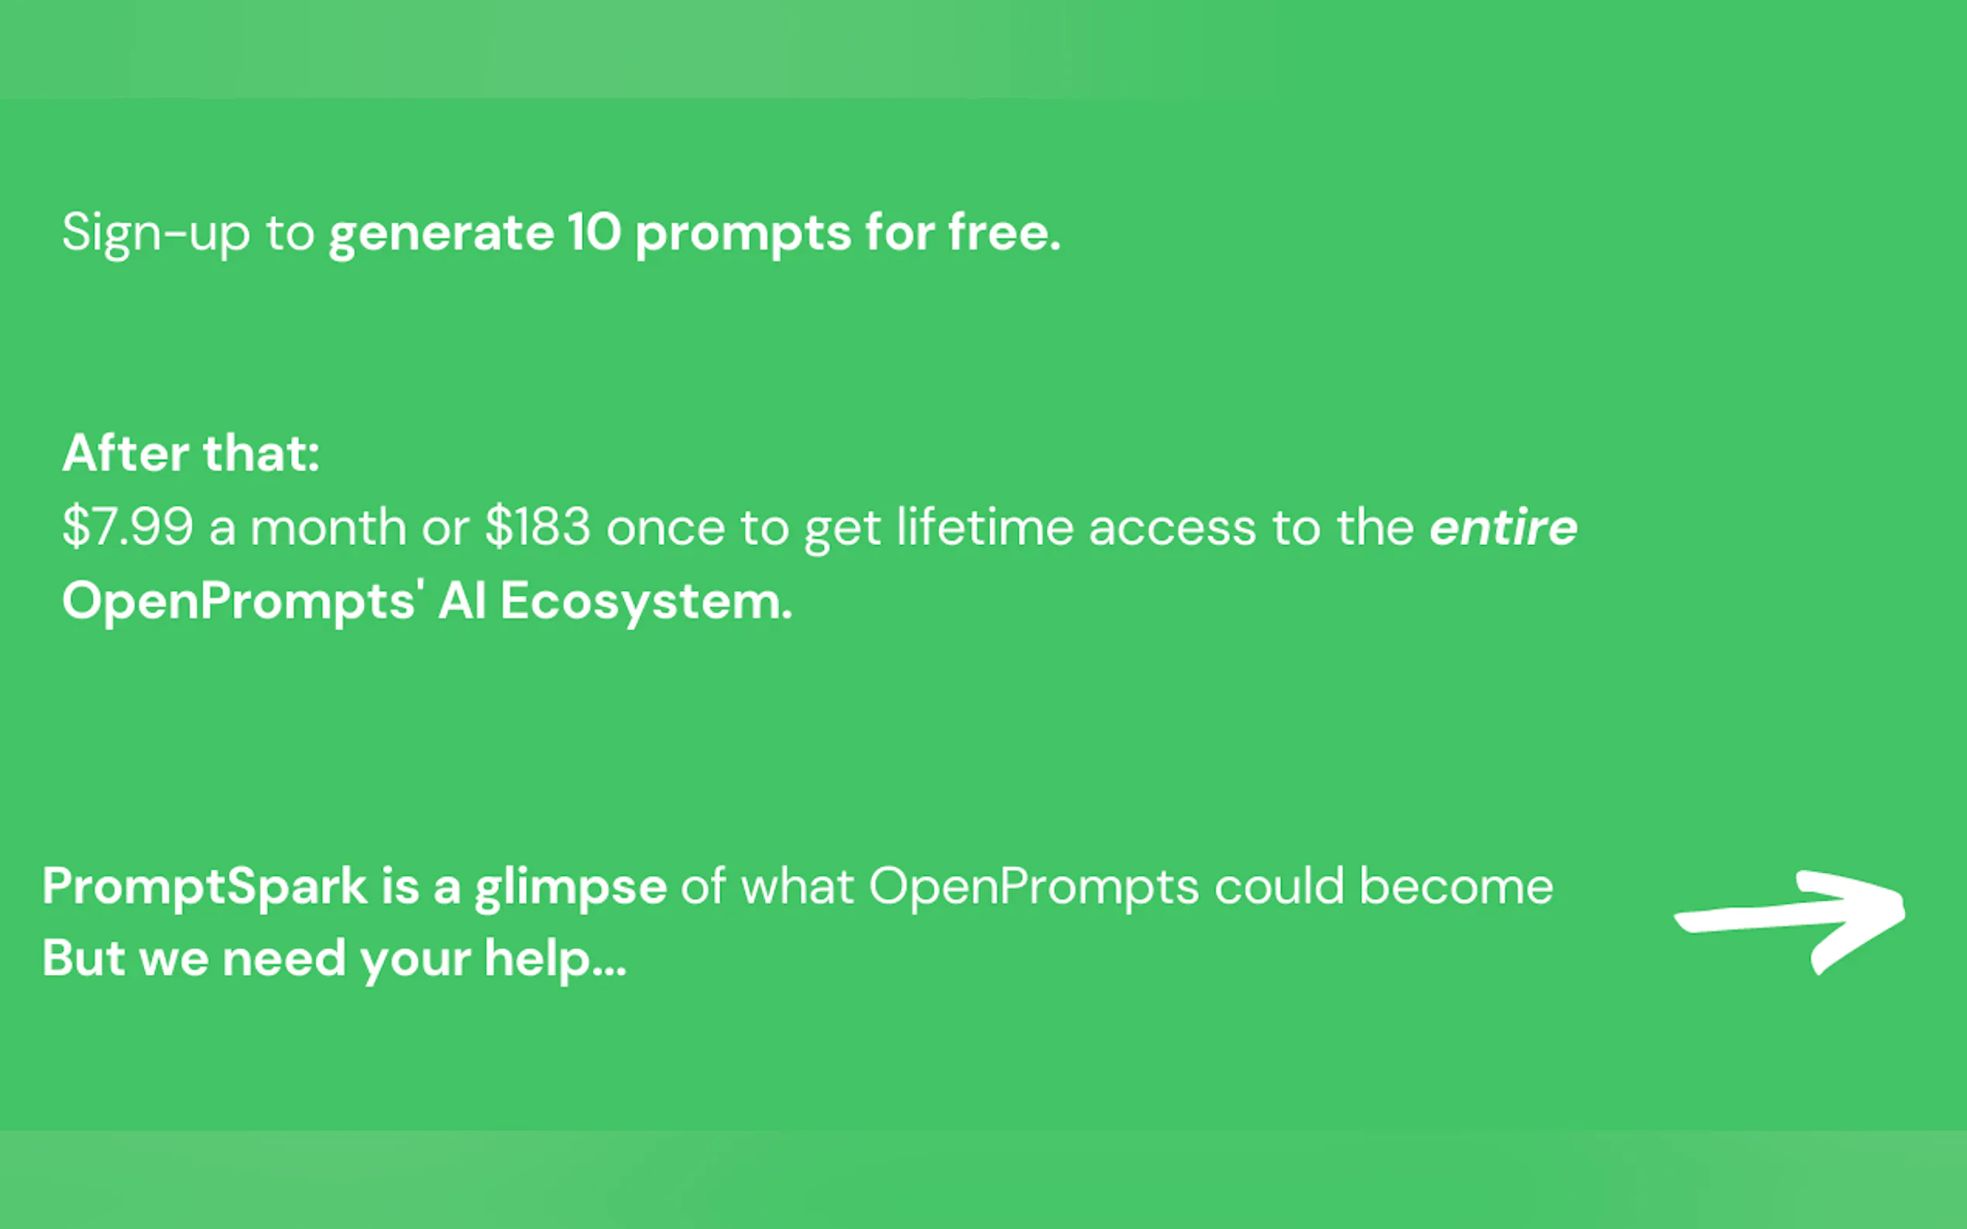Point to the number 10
point(595,232)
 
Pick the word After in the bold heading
point(126,453)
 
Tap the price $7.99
point(129,527)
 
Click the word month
point(328,528)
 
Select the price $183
point(537,527)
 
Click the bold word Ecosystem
point(647,602)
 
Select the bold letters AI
point(462,601)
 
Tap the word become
point(1457,886)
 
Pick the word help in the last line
point(555,960)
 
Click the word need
point(285,959)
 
